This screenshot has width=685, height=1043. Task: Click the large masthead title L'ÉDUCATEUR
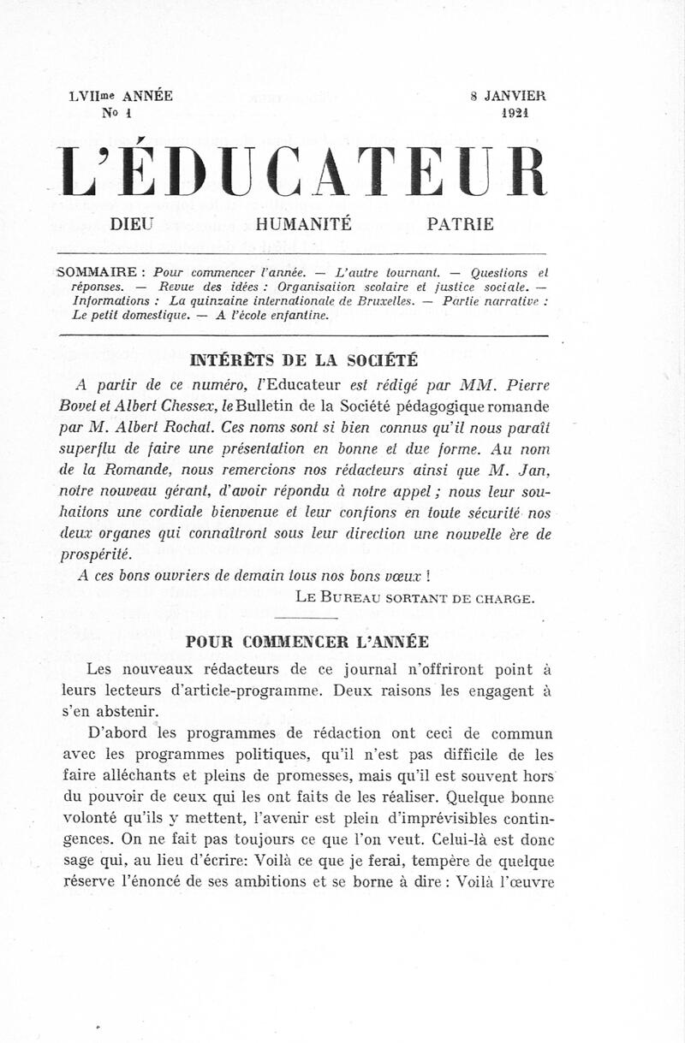pos(301,171)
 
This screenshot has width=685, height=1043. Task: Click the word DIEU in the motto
pos(132,225)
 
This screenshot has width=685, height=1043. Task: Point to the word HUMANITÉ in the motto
pos(303,225)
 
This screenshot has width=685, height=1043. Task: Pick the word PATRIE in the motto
pos(461,225)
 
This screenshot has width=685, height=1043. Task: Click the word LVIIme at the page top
pos(94,96)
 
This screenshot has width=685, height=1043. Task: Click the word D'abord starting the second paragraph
pos(117,733)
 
